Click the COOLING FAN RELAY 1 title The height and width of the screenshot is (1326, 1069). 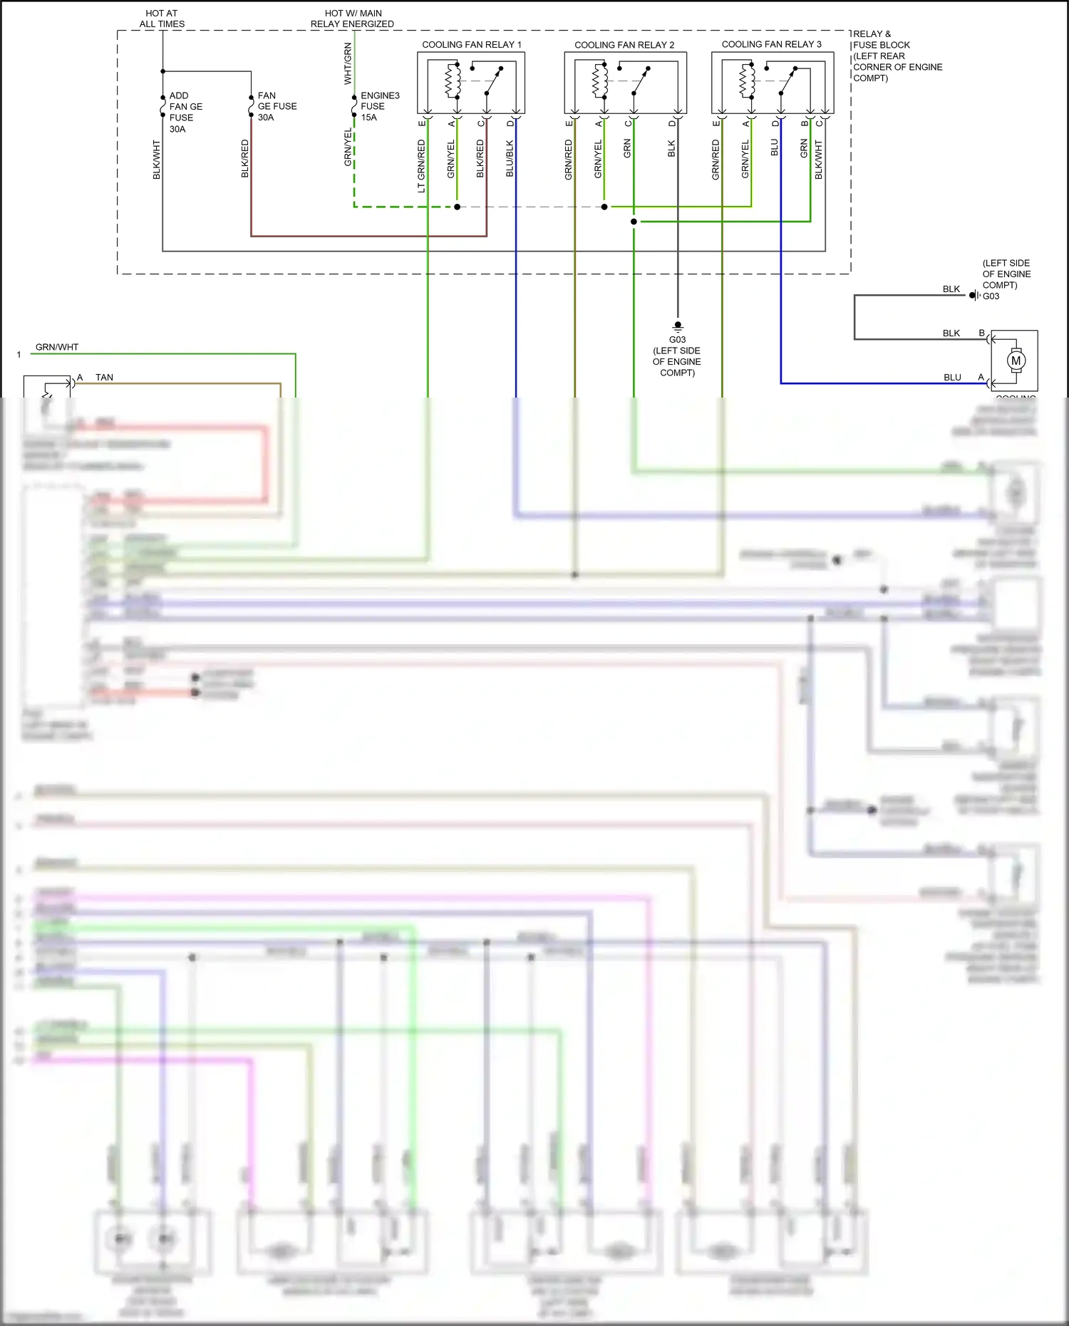point(471,44)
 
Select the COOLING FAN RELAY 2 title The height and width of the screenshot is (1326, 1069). point(624,45)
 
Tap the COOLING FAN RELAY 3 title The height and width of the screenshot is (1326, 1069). point(771,44)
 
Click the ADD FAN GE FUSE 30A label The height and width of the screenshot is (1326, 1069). point(185,112)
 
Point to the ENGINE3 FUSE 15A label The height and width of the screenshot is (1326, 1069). point(379,106)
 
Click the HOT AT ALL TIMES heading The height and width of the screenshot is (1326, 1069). point(162,19)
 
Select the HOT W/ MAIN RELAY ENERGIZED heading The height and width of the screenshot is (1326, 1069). point(352,19)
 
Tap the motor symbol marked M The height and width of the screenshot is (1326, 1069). point(1016,361)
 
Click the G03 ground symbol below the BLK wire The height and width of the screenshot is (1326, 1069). point(677,326)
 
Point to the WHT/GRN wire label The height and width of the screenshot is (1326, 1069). point(348,63)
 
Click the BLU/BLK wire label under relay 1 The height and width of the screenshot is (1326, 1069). point(510,158)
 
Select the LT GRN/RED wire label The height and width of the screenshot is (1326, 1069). point(421,165)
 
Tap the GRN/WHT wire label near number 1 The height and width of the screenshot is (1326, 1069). point(57,347)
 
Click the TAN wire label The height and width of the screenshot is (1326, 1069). point(104,378)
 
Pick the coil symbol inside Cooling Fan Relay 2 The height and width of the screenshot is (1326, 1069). point(600,81)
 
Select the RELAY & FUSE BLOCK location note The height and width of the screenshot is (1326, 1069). point(897,56)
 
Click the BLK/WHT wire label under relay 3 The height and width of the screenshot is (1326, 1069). point(818,160)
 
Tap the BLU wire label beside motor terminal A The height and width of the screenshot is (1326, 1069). point(952,378)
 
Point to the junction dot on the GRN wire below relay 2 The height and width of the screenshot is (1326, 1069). point(634,222)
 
